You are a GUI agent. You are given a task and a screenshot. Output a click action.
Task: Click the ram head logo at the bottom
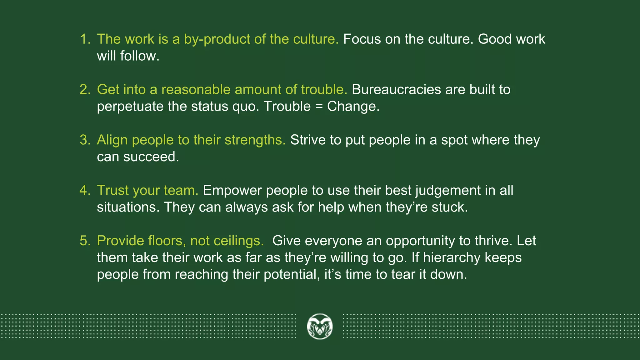point(320,327)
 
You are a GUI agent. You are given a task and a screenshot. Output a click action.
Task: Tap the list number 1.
point(84,39)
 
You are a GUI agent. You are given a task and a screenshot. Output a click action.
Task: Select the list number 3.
point(84,140)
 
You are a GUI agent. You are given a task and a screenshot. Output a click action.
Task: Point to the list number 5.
point(84,241)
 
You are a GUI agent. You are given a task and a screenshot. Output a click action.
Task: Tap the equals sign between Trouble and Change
point(319,106)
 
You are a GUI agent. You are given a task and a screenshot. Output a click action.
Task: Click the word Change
point(352,107)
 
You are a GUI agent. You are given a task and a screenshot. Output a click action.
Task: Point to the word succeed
point(151,157)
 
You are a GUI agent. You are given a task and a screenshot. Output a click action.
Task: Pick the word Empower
point(232,190)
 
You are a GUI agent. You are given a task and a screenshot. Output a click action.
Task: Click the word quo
point(245,107)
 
